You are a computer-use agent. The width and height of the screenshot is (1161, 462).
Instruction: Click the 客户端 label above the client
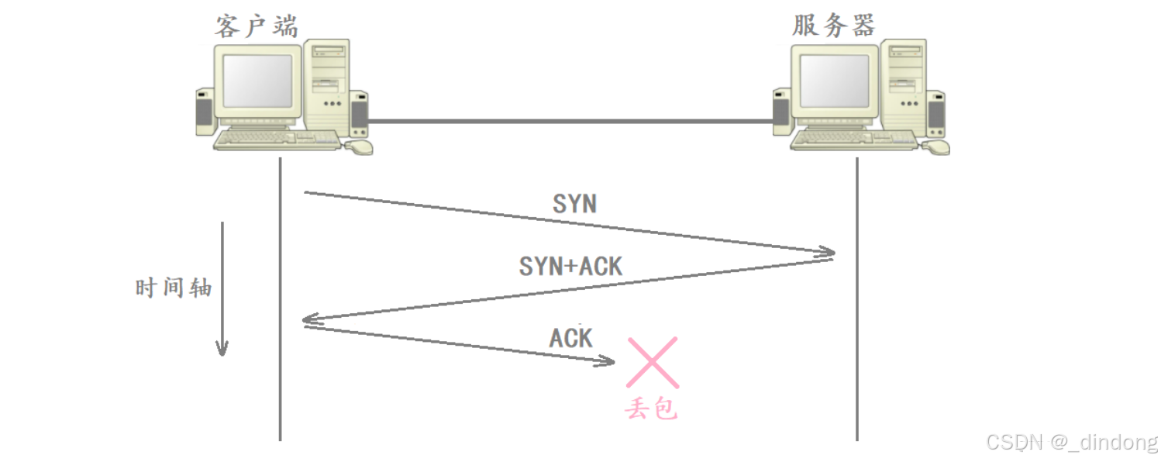[256, 26]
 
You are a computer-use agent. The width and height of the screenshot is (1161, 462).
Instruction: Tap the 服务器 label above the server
[833, 26]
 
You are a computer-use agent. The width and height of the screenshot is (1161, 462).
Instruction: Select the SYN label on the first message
[574, 203]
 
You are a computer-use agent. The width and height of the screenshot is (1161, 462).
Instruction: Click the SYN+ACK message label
[570, 266]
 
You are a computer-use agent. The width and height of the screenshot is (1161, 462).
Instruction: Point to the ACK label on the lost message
[571, 338]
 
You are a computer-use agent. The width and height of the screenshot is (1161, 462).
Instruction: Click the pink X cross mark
[653, 362]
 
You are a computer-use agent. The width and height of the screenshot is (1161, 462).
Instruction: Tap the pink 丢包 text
[652, 408]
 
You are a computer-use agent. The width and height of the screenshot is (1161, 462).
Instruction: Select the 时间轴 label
[174, 288]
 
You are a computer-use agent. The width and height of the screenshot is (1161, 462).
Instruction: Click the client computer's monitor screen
[258, 81]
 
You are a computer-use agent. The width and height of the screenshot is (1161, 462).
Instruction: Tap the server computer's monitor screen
[835, 81]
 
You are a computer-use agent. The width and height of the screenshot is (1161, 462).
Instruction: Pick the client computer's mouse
[359, 146]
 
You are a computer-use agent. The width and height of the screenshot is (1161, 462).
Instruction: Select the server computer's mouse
[935, 146]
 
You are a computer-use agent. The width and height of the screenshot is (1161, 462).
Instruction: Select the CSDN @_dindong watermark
[1072, 442]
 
